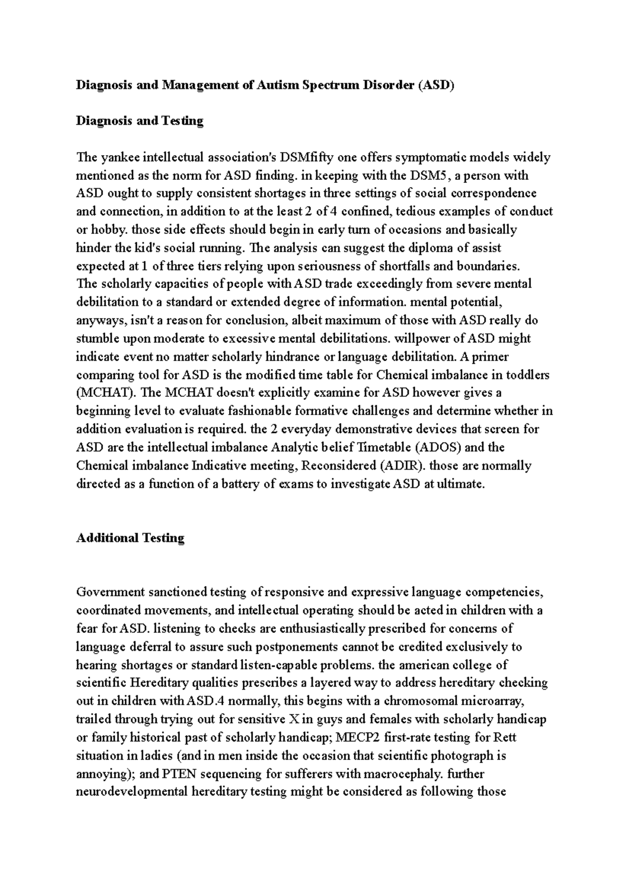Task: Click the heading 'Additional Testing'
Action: [x=130, y=538]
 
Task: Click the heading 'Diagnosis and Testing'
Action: [x=139, y=121]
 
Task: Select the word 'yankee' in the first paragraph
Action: [x=115, y=157]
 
